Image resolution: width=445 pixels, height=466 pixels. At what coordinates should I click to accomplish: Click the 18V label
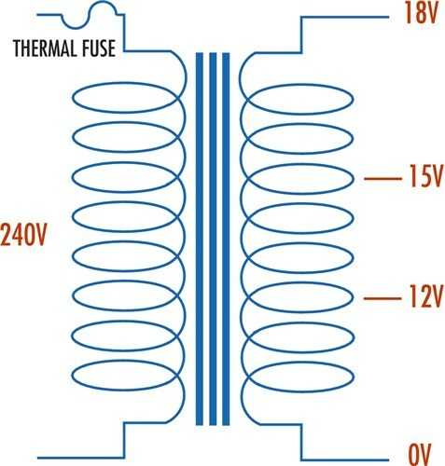coord(421,13)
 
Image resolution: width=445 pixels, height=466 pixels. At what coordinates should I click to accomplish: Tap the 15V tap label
coord(424,176)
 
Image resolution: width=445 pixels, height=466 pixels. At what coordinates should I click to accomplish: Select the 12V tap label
coord(424,296)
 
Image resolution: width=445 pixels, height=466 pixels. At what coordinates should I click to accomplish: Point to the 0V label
coord(419,455)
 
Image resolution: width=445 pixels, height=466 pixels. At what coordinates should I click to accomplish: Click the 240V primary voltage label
coord(23,235)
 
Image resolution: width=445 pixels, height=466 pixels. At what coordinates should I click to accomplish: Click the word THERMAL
coord(45,48)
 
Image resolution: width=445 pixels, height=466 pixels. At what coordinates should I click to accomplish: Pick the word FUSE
coord(99,48)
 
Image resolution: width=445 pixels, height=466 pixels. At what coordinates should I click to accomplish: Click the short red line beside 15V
coord(382,179)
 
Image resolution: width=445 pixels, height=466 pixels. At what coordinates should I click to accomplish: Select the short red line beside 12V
coord(382,299)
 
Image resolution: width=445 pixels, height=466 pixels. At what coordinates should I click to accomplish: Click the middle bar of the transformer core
coord(213,239)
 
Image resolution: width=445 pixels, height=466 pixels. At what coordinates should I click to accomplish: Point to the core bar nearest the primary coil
coord(200,239)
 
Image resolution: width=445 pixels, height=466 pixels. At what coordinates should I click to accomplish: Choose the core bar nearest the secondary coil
coord(226,239)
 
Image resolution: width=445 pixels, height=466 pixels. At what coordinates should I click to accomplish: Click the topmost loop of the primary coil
coord(124,83)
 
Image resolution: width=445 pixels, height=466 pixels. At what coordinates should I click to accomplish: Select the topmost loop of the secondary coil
coord(301,85)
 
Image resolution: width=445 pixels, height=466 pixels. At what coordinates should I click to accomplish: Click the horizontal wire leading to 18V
coord(344,17)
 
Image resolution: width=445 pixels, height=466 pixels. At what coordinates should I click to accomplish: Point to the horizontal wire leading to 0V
coord(344,460)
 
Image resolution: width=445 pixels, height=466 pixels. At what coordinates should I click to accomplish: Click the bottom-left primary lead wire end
coord(38,458)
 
